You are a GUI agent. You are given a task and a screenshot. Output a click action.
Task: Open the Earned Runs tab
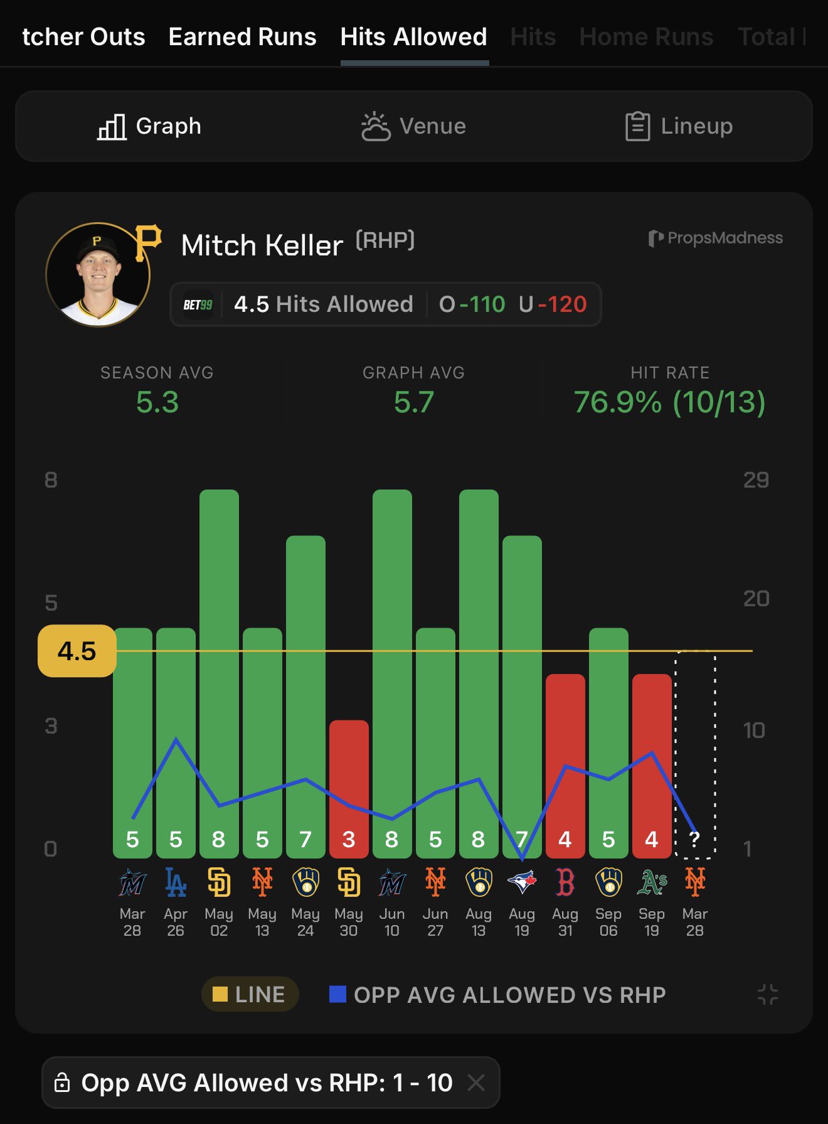242,37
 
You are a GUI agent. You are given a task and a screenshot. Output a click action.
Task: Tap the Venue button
413,126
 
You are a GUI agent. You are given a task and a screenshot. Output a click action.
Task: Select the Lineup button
679,126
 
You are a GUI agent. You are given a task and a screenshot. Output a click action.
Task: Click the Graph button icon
112,127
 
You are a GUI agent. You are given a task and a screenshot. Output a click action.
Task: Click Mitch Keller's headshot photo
98,275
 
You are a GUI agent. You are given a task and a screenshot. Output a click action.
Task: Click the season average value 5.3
157,402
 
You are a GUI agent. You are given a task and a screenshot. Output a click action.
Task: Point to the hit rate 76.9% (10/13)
669,402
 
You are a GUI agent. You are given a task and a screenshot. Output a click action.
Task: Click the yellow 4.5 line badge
77,651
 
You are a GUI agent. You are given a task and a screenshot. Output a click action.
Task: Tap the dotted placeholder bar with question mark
694,753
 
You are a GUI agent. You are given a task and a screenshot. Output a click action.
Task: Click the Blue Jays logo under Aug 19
522,882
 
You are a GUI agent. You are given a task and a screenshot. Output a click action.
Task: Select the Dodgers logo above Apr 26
176,882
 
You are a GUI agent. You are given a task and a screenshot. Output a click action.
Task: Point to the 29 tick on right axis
755,480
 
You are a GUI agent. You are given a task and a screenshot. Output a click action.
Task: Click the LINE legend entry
250,995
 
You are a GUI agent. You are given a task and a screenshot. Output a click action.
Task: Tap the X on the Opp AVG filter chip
476,1083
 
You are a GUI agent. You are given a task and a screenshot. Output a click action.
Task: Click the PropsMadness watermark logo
715,238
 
